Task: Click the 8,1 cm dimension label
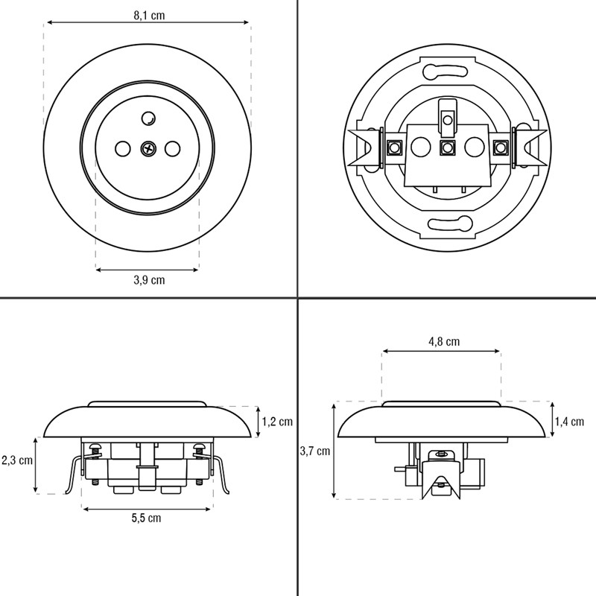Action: pyautogui.click(x=149, y=16)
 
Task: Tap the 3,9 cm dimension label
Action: pyautogui.click(x=149, y=280)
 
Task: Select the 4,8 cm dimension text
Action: pyautogui.click(x=444, y=341)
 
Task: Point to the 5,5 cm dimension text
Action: pyautogui.click(x=146, y=518)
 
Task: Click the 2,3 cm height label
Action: pyautogui.click(x=17, y=460)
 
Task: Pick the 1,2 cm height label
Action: pyautogui.click(x=277, y=421)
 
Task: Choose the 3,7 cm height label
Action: pyautogui.click(x=314, y=451)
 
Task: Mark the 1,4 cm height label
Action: pyautogui.click(x=569, y=421)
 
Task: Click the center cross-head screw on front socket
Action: pyautogui.click(x=148, y=148)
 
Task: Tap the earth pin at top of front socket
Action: pyautogui.click(x=148, y=118)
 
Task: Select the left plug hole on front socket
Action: pyautogui.click(x=122, y=148)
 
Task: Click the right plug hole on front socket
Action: pyautogui.click(x=172, y=148)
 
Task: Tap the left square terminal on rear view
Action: pyautogui.click(x=395, y=147)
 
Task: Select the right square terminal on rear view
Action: pyautogui.click(x=501, y=147)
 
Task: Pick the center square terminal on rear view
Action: pyautogui.click(x=448, y=148)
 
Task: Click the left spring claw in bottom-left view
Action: pyautogui.click(x=74, y=471)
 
